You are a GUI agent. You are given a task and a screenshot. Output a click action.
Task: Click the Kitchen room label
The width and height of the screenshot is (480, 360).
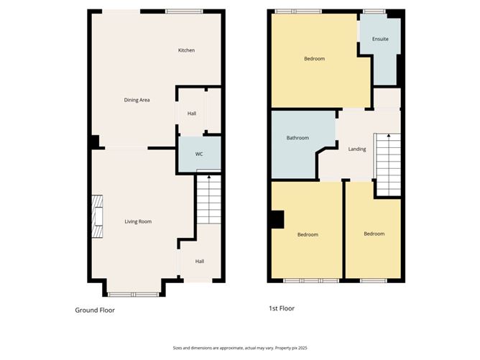(x=186, y=50)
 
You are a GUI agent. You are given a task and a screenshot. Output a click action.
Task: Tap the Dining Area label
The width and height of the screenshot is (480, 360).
(x=137, y=100)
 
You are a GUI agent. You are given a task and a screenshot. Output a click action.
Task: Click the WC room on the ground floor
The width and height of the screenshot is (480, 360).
(x=199, y=154)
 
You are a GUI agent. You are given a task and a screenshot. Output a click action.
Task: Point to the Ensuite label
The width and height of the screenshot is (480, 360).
(x=380, y=39)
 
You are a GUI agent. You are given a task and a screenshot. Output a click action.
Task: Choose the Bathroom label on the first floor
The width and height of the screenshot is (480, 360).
(x=297, y=138)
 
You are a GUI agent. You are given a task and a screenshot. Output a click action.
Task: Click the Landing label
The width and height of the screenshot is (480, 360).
(x=356, y=149)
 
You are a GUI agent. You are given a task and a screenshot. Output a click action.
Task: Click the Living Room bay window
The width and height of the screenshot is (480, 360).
(x=134, y=294)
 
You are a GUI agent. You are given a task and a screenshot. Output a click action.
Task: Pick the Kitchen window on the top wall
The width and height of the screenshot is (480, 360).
(x=184, y=11)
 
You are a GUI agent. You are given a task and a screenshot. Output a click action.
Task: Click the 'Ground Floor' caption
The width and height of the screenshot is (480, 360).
(x=95, y=310)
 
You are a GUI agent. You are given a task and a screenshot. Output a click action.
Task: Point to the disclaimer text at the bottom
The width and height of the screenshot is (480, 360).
(x=240, y=347)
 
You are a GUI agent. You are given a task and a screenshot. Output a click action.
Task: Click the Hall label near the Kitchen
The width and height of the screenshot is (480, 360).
(x=192, y=114)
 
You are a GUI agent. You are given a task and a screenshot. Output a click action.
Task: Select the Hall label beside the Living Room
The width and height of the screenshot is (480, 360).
(x=199, y=261)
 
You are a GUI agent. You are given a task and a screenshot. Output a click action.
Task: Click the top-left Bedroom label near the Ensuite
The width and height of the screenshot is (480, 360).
(x=314, y=59)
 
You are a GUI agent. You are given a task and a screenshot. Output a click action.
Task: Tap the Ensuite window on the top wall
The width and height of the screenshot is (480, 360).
(x=373, y=11)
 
